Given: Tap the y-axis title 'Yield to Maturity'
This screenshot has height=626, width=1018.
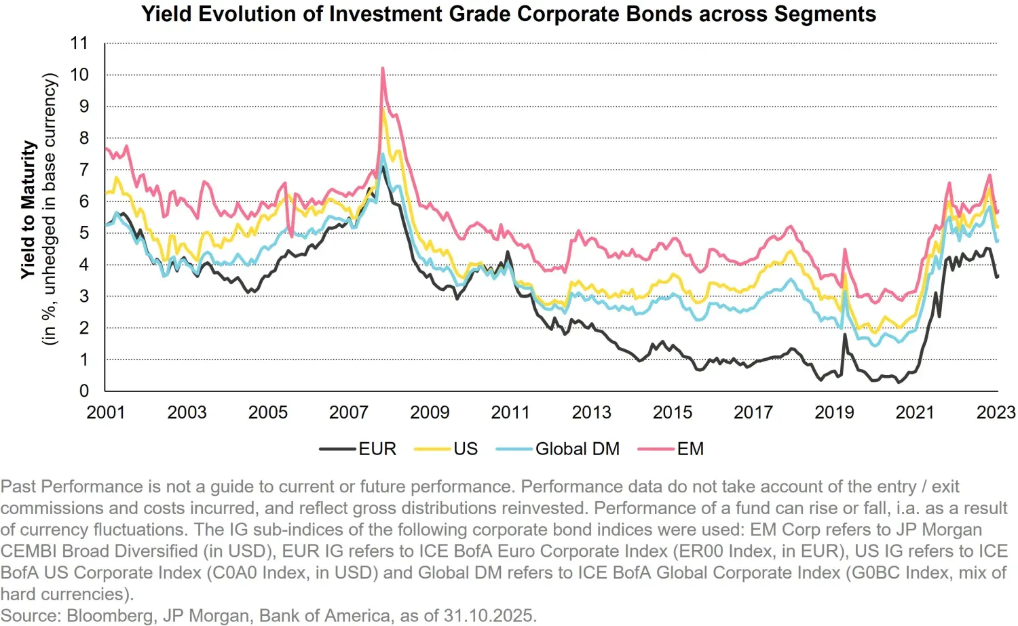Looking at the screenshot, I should click(x=28, y=210).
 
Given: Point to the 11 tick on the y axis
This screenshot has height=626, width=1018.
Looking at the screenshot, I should click(x=79, y=43).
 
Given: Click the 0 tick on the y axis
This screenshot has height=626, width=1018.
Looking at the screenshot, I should click(x=84, y=391).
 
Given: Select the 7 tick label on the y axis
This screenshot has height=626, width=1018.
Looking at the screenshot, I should click(x=84, y=170).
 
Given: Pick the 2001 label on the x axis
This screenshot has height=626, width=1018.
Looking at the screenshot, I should click(x=106, y=412).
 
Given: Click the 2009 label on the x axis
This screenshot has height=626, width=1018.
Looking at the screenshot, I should click(x=430, y=412).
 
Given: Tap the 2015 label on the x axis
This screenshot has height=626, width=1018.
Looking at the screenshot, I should click(x=672, y=412).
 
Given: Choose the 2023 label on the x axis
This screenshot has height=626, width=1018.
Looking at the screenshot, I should click(x=996, y=412).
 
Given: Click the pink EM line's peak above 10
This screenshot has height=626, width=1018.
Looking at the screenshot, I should click(x=383, y=69).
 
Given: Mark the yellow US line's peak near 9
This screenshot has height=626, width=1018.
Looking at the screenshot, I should click(x=384, y=111).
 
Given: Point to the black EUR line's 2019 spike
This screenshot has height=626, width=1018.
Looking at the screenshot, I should click(x=845, y=334).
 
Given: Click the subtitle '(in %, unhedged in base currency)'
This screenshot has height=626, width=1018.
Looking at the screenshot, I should click(x=50, y=210).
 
